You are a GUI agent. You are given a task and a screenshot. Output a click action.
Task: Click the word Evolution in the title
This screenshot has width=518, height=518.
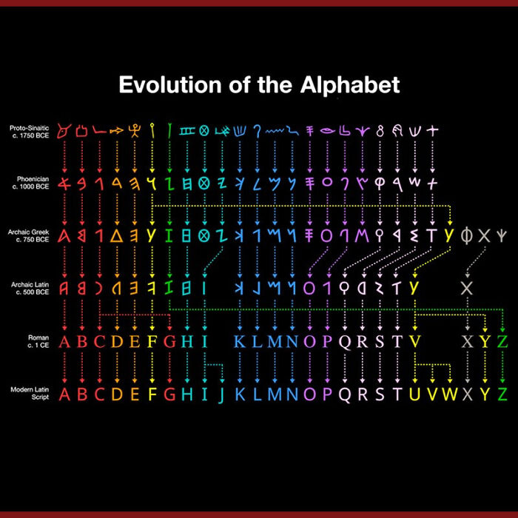169,84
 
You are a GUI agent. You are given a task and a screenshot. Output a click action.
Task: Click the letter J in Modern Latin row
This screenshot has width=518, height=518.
221,394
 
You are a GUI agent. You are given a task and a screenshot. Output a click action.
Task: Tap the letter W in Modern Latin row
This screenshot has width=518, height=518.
450,394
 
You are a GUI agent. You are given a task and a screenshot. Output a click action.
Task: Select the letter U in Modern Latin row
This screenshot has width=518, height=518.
414,394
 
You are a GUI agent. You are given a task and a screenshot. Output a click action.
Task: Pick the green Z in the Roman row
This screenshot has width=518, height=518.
502,342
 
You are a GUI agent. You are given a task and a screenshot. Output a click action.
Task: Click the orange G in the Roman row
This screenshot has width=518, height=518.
170,342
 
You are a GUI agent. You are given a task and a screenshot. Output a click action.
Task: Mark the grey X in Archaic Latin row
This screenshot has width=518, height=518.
466,287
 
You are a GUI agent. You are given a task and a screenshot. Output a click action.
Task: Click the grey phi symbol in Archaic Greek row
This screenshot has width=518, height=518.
466,236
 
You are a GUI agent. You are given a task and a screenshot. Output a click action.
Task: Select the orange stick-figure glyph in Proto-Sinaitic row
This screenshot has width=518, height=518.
134,131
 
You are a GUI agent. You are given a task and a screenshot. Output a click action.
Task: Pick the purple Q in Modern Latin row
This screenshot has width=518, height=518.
345,394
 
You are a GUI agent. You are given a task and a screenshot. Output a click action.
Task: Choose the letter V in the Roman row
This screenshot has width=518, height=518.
415,342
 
